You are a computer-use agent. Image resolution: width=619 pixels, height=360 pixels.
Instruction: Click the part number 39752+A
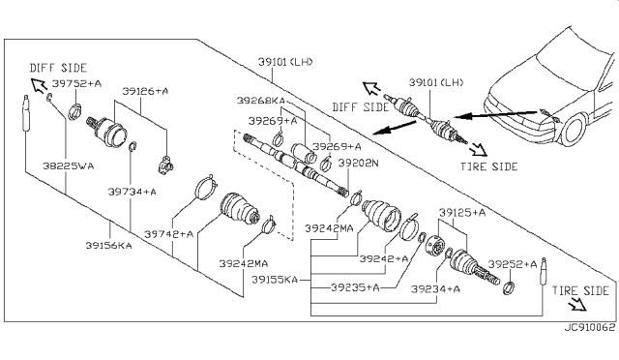pos(76,84)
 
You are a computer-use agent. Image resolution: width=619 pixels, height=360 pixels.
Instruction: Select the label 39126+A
pos(145,91)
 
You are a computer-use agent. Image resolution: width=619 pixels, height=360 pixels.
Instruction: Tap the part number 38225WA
pos(69,166)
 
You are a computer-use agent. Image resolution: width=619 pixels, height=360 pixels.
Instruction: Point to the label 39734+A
pos(133,192)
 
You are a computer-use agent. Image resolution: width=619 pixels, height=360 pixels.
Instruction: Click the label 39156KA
pos(109,246)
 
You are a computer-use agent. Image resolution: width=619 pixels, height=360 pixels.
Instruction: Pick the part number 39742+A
pos(169,234)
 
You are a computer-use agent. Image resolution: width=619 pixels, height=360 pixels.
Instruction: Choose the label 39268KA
pos(260,101)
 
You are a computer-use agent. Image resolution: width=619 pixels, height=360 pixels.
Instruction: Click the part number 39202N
pos(358,163)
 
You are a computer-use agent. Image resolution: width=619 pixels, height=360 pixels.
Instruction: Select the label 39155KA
pos(275,280)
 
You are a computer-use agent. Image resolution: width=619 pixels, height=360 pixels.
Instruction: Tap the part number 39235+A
pos(355,287)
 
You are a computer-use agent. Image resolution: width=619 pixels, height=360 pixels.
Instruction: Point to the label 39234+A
pos(435,289)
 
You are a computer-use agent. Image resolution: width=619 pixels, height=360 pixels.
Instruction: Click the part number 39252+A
pos(513,264)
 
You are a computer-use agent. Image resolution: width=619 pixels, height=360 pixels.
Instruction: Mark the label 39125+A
pos(462,213)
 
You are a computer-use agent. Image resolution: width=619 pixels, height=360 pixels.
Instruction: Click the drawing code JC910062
pos(589,328)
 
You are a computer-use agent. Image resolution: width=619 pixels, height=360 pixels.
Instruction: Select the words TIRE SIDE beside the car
pos(488,166)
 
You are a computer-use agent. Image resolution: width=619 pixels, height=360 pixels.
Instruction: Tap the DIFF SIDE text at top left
pos(58,68)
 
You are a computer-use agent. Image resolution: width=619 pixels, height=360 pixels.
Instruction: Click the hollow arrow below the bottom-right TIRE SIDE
pos(577,304)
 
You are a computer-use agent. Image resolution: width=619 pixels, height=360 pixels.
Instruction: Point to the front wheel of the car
pos(574,130)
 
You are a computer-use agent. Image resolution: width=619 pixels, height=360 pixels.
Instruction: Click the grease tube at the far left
pos(26,113)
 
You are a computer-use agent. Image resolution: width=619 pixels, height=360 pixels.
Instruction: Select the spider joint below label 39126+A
pos(166,164)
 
